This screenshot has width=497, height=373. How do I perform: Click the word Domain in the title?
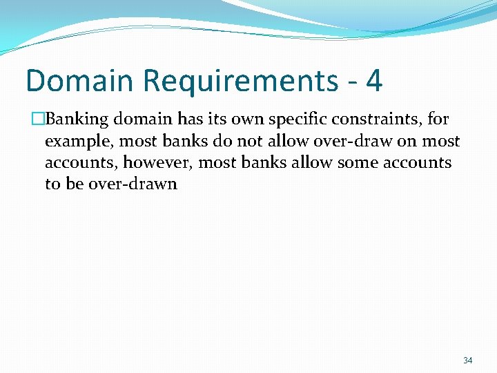pyautogui.click(x=78, y=81)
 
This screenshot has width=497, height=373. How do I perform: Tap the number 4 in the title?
pyautogui.click(x=373, y=81)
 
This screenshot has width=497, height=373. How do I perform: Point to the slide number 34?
pyautogui.click(x=467, y=360)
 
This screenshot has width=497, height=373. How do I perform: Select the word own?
pyautogui.click(x=248, y=119)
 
